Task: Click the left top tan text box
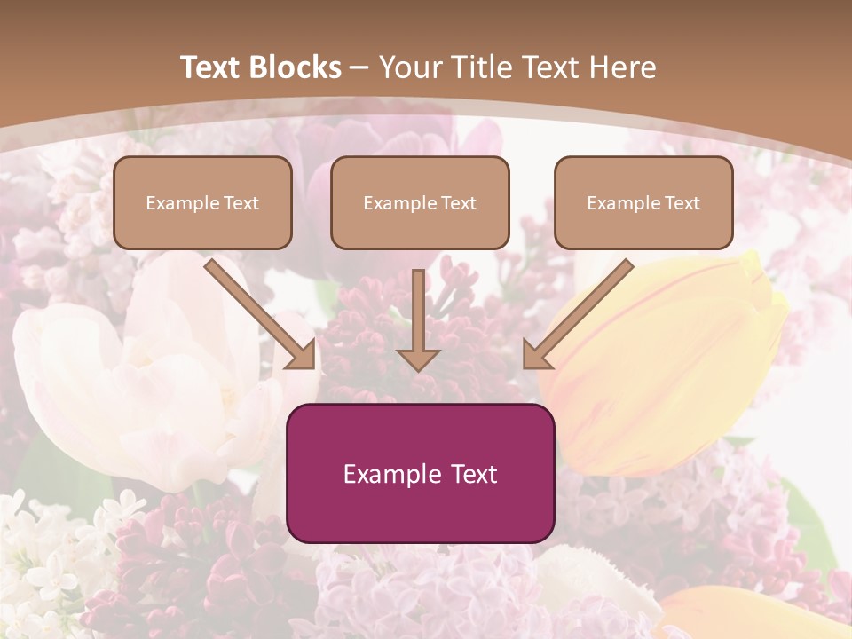pos(202,202)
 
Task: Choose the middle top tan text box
pos(420,202)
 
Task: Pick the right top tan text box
pos(643,202)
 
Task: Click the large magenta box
pos(420,473)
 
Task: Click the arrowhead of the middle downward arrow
pos(418,359)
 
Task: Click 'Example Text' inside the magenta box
pos(420,474)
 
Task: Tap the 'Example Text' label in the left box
pos(202,203)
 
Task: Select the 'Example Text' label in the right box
pos(643,203)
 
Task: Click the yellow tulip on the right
pos(674,355)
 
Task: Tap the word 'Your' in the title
pos(412,67)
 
